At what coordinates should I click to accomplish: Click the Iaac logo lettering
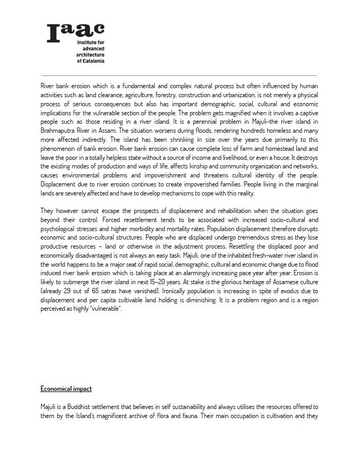click(75, 32)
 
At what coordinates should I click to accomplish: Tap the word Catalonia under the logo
click(92, 61)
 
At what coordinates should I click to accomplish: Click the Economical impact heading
click(66, 389)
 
